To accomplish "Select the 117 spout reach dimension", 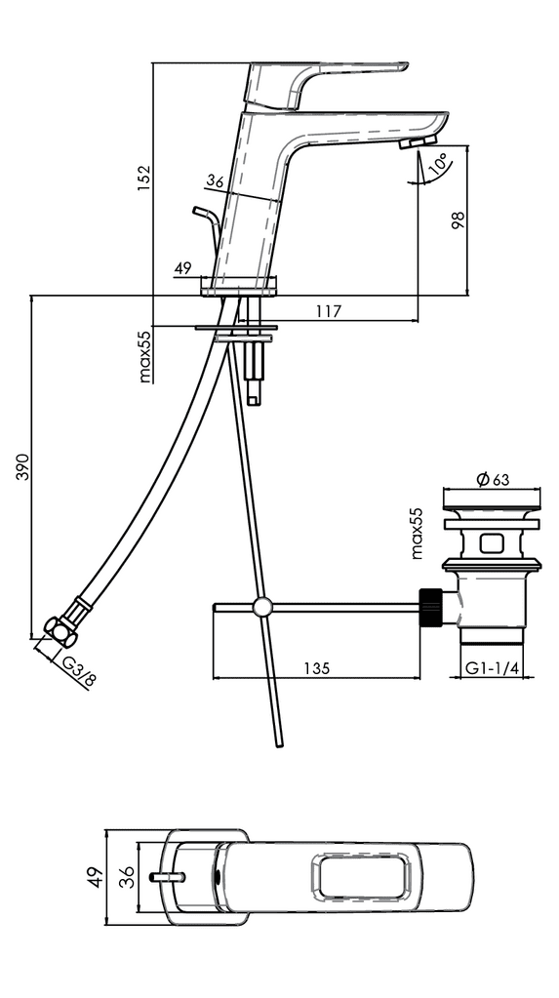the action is pyautogui.click(x=329, y=311).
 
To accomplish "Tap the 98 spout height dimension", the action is pyautogui.click(x=458, y=220).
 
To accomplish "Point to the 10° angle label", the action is pyautogui.click(x=439, y=164).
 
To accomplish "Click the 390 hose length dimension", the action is pyautogui.click(x=22, y=466).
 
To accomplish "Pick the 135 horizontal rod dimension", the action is pyautogui.click(x=316, y=668).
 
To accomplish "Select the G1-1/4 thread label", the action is pyautogui.click(x=492, y=667).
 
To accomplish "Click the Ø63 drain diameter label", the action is pyautogui.click(x=493, y=479).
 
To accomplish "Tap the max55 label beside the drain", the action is pyautogui.click(x=417, y=534).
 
